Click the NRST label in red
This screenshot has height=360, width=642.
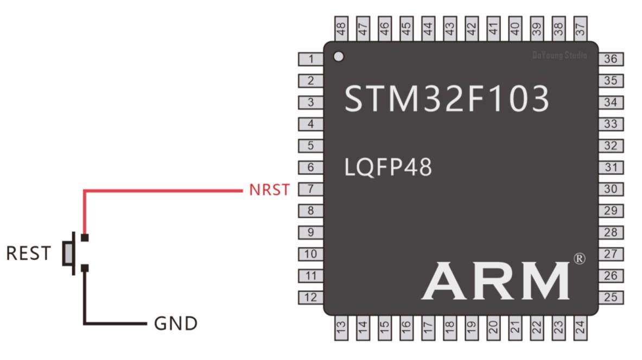click(269, 190)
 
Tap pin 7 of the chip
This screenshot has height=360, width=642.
click(311, 190)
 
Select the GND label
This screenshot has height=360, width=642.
click(176, 324)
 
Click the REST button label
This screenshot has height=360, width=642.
click(28, 253)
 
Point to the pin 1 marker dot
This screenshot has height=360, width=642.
click(339, 56)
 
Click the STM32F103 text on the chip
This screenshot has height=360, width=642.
click(447, 99)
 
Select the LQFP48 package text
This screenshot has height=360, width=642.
click(388, 168)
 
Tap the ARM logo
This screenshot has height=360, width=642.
click(495, 280)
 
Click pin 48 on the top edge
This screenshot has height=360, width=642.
click(341, 29)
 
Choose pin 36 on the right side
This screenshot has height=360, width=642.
click(611, 59)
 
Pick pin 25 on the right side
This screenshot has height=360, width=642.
click(611, 298)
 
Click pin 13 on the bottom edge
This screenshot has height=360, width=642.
click(341, 327)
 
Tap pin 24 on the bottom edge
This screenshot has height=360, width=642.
click(580, 327)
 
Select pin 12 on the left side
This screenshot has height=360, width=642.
click(311, 298)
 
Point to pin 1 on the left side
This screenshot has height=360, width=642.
click(311, 59)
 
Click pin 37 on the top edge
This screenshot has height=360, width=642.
click(580, 29)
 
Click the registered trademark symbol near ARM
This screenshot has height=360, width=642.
click(580, 258)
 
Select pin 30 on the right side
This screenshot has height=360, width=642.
click(611, 190)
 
